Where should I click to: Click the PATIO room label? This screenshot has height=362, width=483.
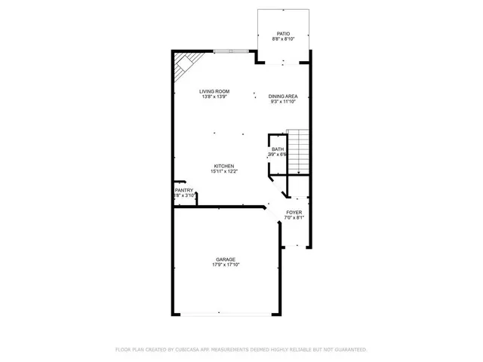(283, 34)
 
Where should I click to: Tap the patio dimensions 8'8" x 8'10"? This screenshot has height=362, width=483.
(283, 39)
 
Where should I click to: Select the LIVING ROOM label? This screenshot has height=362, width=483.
(214, 92)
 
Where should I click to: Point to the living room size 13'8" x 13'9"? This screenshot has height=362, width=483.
(214, 97)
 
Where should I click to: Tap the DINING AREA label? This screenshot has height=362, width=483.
(283, 96)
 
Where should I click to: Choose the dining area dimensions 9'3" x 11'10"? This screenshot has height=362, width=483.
(283, 101)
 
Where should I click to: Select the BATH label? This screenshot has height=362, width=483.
(278, 149)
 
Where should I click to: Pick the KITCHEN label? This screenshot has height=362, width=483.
(223, 166)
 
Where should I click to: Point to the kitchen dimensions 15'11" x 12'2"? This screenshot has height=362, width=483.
(223, 171)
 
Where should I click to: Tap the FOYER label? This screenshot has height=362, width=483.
(294, 213)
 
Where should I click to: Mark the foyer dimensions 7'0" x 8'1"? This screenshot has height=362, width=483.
(294, 218)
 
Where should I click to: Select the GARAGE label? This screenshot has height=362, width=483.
(226, 259)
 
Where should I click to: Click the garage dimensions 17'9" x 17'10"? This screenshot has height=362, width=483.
(226, 265)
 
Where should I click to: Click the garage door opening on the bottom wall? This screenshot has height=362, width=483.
(220, 314)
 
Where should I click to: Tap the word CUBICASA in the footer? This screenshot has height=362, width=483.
(192, 350)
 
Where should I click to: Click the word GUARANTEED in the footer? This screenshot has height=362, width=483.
(349, 350)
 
